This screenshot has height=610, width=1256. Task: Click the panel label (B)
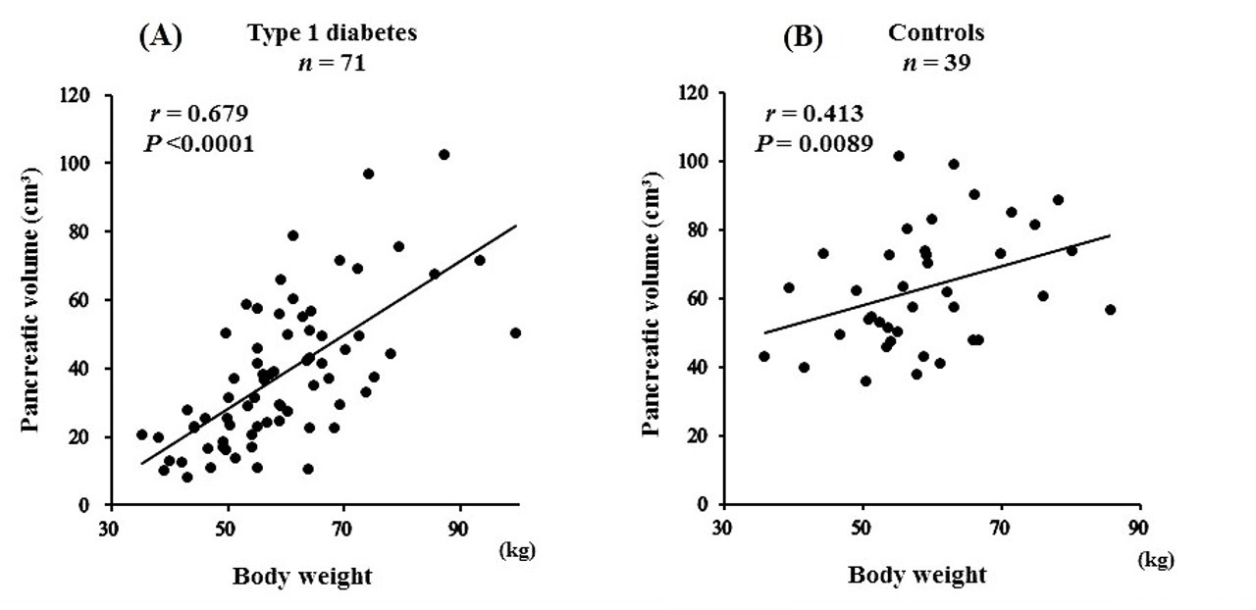coord(803,37)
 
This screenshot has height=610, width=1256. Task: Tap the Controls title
coord(936,33)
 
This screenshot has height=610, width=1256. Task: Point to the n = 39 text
coord(936,64)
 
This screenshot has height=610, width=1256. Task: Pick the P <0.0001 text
coord(199,143)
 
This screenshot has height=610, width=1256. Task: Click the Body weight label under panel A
coord(302,577)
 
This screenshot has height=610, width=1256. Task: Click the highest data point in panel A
coord(444,155)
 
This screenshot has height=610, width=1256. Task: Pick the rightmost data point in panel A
coord(515,332)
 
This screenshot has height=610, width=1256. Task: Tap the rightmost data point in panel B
coord(1111,310)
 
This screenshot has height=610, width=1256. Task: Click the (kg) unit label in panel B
coord(1155,561)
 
